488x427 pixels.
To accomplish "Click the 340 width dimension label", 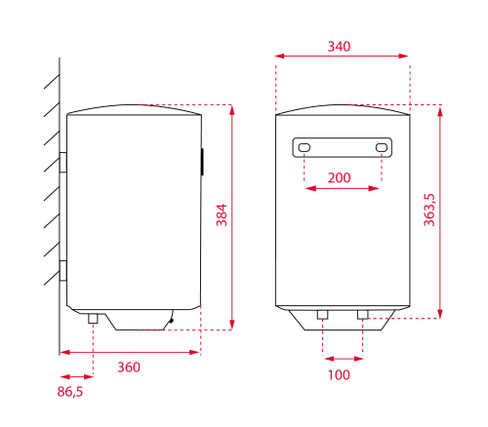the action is point(339,47).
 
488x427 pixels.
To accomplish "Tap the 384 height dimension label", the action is point(222,214).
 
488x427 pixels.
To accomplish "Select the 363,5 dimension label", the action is point(429,210).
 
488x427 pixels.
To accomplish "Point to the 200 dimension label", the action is point(339,177).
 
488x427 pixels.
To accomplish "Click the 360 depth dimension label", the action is point(129,368).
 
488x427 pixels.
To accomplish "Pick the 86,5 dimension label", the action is point(70,392).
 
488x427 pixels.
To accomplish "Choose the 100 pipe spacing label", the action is point(339,374).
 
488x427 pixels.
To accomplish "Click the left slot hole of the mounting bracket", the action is point(305,147).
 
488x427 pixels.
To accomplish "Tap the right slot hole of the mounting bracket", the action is point(382,147).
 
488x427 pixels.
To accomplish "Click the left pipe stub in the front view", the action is point(322,315).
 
